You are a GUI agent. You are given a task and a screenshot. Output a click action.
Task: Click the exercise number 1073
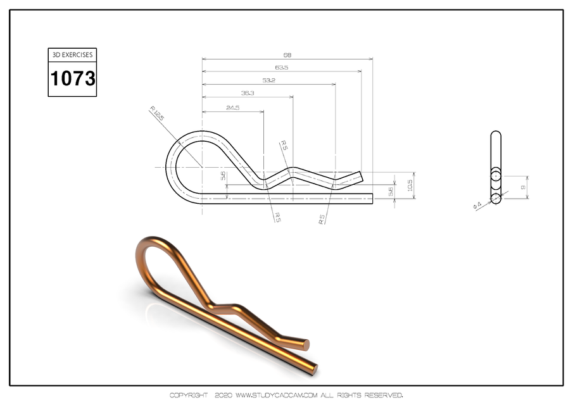point(73,79)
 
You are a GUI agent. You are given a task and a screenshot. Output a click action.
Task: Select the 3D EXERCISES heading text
point(73,55)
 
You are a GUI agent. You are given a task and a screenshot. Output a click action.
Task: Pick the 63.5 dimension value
point(282,67)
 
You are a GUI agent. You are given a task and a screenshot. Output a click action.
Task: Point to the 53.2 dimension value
point(268,80)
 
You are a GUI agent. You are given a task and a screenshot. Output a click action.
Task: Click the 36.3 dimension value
point(248,93)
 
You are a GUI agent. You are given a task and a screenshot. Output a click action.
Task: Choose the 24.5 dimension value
point(232,108)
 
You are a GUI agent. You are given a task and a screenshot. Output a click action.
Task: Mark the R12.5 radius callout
point(157,115)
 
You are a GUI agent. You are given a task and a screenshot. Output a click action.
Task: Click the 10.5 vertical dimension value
point(410,187)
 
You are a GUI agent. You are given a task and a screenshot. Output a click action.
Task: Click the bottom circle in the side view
point(496,199)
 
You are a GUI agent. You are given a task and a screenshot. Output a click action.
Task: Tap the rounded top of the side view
point(496,134)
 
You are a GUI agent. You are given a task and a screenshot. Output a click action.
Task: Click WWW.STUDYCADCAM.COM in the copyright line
point(275,396)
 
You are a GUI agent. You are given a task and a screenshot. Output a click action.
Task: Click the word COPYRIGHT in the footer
point(188,396)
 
